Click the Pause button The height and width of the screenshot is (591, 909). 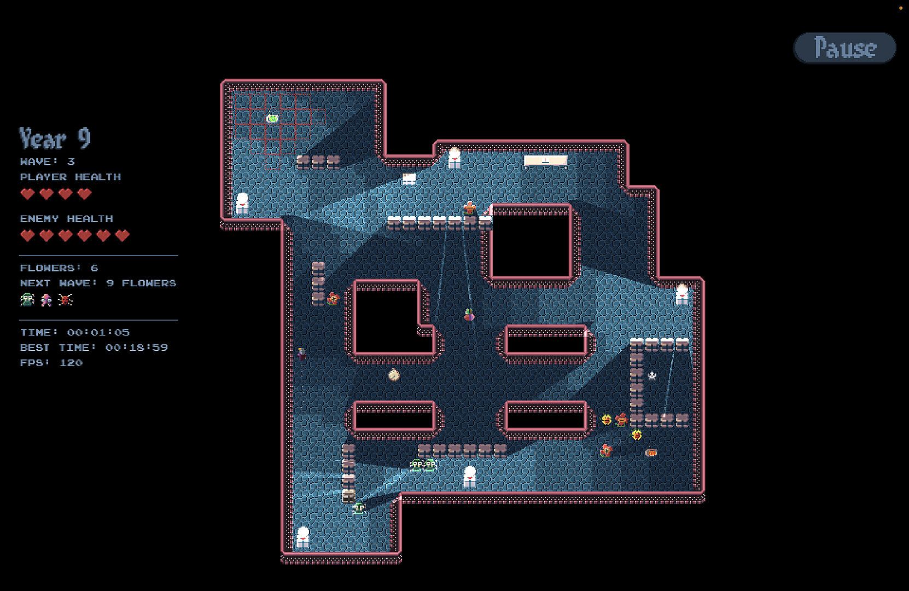pos(844,48)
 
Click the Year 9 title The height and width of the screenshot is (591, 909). pos(55,138)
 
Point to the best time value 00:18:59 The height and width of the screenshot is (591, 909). pos(136,347)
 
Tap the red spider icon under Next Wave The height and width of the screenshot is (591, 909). pos(66,299)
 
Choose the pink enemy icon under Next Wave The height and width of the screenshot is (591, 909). pos(46,299)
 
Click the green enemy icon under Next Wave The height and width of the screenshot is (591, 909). pos(27,299)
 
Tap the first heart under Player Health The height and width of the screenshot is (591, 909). pos(27,194)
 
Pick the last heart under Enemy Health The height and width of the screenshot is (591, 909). pos(123,235)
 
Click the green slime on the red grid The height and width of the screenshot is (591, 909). pos(272,118)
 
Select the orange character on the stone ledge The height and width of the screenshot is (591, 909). pos(470,208)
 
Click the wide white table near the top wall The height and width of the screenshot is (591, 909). pos(545,161)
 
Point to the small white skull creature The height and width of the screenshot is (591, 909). pos(652,375)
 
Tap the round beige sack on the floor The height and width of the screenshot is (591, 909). pos(394,375)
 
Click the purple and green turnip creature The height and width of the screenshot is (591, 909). pos(469,315)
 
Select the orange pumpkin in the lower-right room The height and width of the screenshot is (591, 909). pos(651,453)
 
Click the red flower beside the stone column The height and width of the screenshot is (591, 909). pos(333,299)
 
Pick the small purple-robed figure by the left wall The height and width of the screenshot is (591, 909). pos(301,354)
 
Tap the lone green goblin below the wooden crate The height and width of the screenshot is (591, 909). pos(359,508)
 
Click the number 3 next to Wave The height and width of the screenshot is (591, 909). pos(71,161)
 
